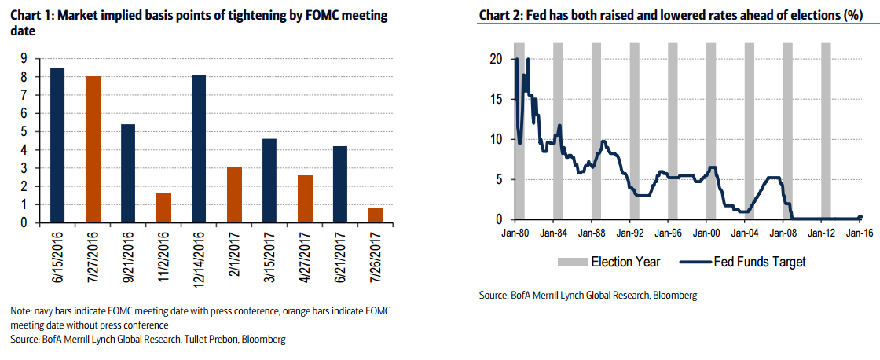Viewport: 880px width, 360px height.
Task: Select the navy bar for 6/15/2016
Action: point(57,145)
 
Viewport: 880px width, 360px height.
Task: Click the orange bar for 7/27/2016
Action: point(93,149)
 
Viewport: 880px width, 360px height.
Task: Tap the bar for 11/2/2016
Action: point(163,208)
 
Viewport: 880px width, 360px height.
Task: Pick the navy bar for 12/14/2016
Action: point(199,149)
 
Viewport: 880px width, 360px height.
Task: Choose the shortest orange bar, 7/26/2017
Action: point(375,215)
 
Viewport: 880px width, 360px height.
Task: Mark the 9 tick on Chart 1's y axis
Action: point(25,58)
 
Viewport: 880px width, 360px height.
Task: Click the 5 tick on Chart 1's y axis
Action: point(25,131)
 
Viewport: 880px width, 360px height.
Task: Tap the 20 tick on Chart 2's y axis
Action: point(495,59)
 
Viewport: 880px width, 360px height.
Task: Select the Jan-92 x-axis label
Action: point(629,233)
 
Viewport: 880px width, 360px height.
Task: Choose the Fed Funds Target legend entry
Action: point(758,261)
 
